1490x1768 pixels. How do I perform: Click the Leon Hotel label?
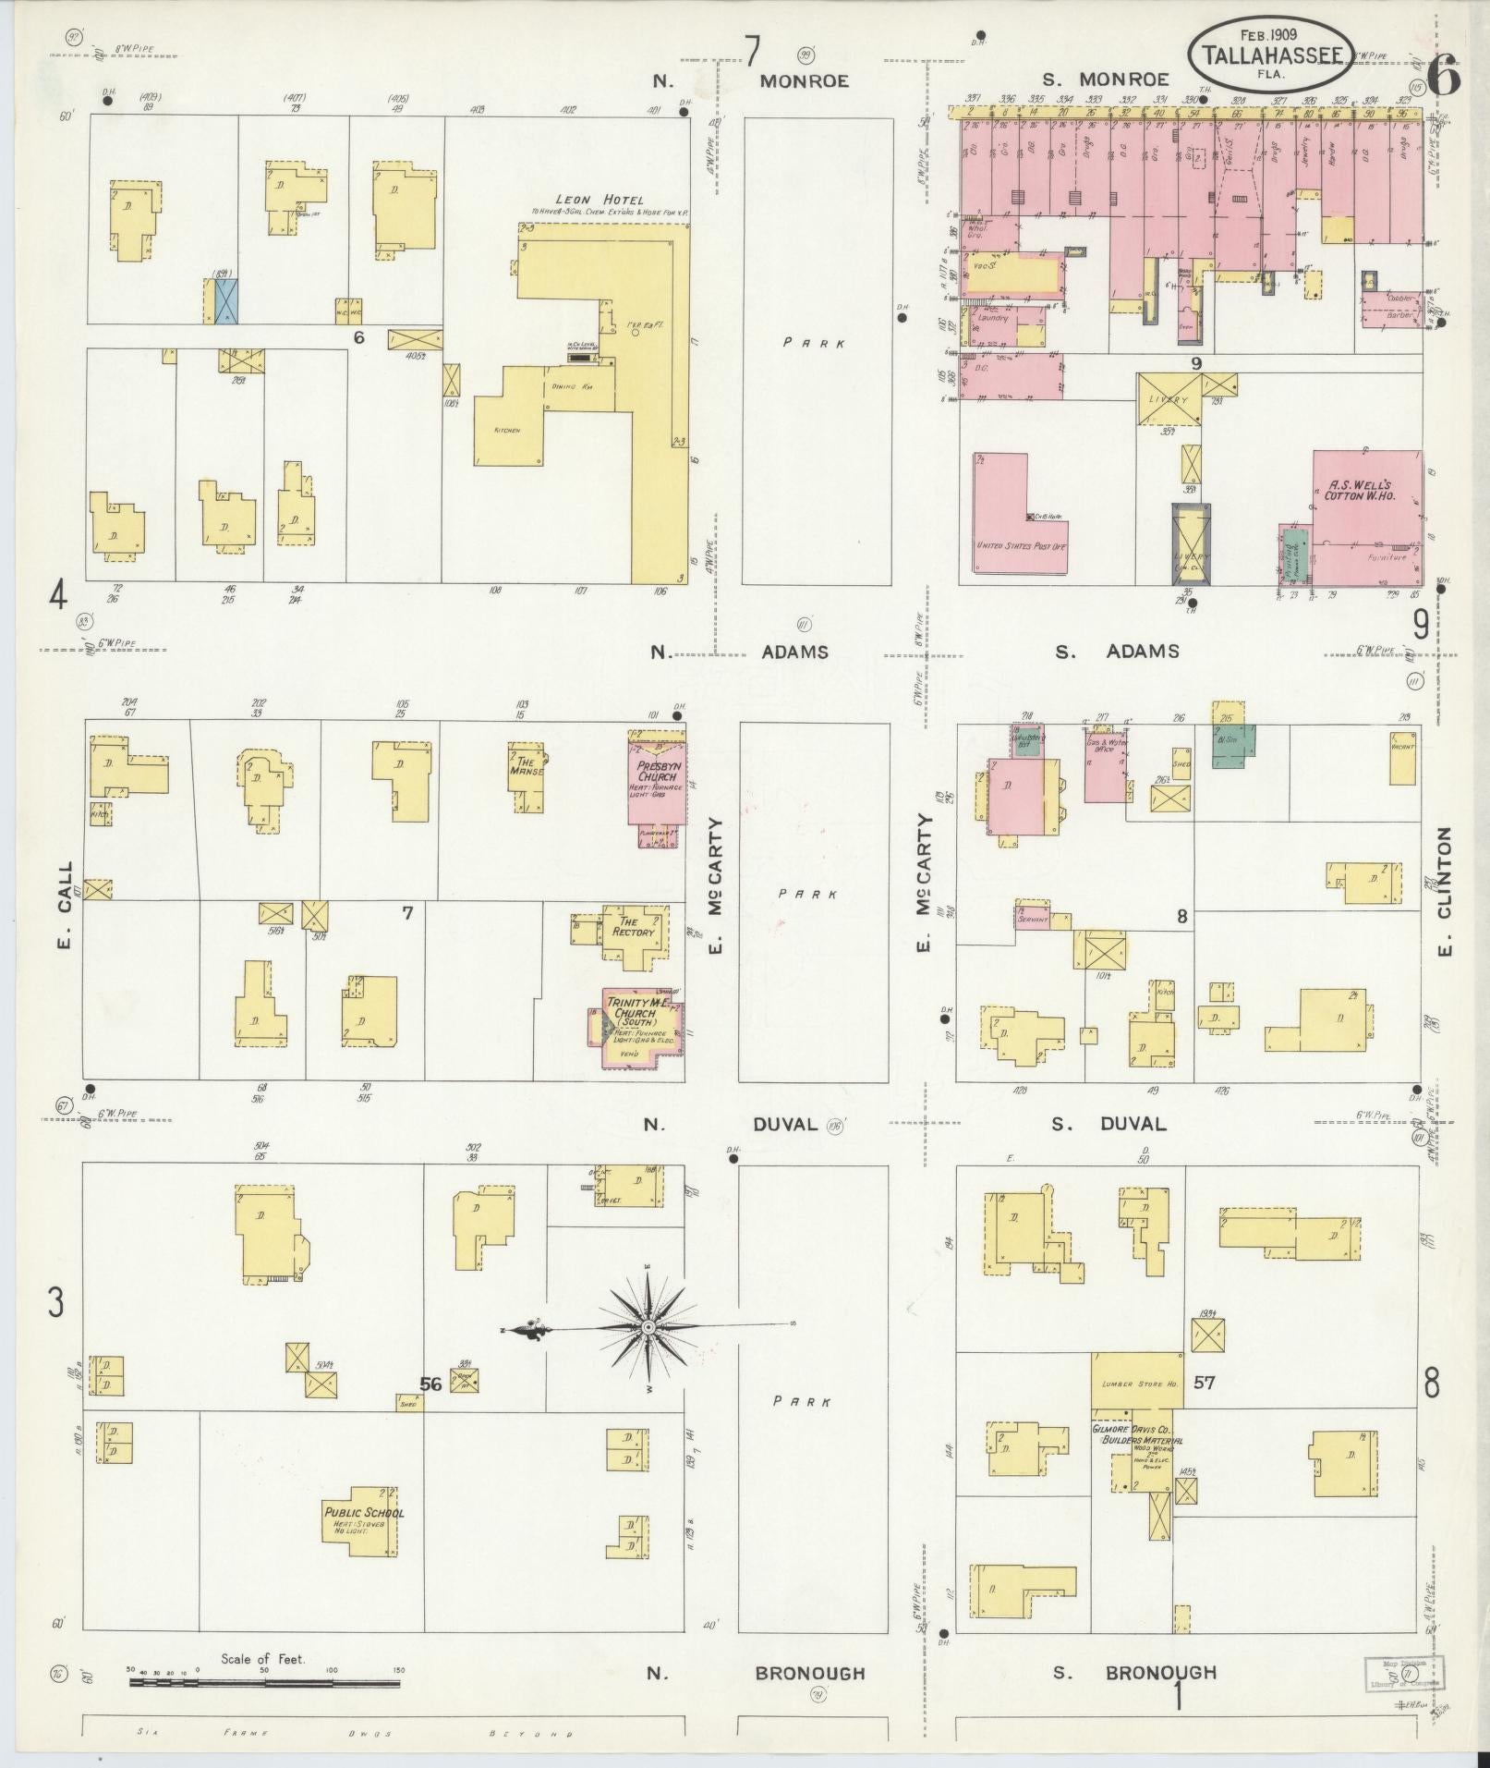point(600,200)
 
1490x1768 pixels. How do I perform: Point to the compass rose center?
point(648,1326)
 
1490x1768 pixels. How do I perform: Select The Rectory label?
point(635,927)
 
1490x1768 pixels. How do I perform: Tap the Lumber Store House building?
point(1137,1384)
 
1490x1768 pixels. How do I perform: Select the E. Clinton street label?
point(1445,891)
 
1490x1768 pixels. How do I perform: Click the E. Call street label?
point(65,907)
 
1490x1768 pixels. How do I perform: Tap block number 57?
point(1204,1383)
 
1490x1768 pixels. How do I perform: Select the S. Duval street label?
point(1112,1124)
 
